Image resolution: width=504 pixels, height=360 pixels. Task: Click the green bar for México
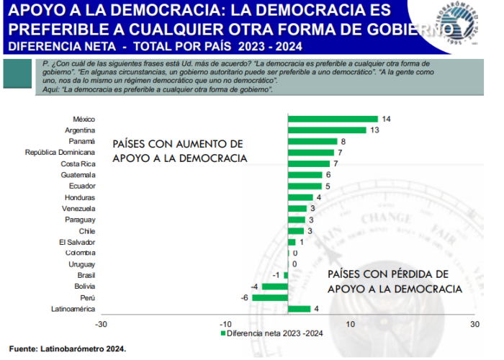(x=333, y=119)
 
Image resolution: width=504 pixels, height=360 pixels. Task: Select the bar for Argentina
(x=329, y=130)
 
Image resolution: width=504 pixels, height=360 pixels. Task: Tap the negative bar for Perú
(x=279, y=297)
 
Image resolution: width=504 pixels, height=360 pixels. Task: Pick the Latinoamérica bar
(x=300, y=309)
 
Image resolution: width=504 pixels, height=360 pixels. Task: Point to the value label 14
(x=387, y=119)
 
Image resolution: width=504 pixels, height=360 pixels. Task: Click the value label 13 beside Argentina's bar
(x=374, y=130)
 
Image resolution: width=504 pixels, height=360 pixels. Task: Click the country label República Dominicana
(x=60, y=153)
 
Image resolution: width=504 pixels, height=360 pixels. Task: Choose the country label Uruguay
(x=81, y=264)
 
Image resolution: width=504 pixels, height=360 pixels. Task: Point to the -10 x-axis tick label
(x=225, y=323)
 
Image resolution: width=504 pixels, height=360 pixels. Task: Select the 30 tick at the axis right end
(x=474, y=323)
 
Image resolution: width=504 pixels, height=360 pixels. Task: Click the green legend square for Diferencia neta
(x=222, y=333)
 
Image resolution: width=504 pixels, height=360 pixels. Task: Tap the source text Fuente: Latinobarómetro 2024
(x=68, y=348)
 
